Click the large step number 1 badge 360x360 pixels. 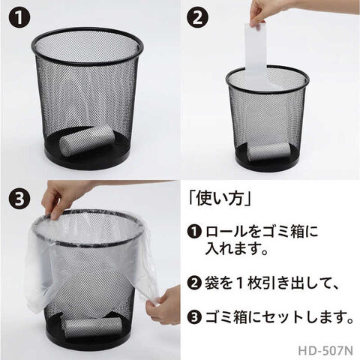(x=19, y=18)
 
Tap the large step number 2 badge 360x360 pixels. (x=198, y=18)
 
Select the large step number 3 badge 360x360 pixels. (x=19, y=199)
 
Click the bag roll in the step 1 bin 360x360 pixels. (x=87, y=140)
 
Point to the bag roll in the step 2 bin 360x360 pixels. (x=268, y=151)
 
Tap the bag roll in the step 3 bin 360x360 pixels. (x=92, y=328)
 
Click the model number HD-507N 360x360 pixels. (x=325, y=350)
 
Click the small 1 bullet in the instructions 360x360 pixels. (x=194, y=232)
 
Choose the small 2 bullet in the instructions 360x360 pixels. (x=194, y=283)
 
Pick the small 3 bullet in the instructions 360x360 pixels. (x=194, y=317)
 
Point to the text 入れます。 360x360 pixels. (x=237, y=248)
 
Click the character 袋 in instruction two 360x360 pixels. (x=212, y=283)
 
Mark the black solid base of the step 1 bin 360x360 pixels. (x=88, y=160)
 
